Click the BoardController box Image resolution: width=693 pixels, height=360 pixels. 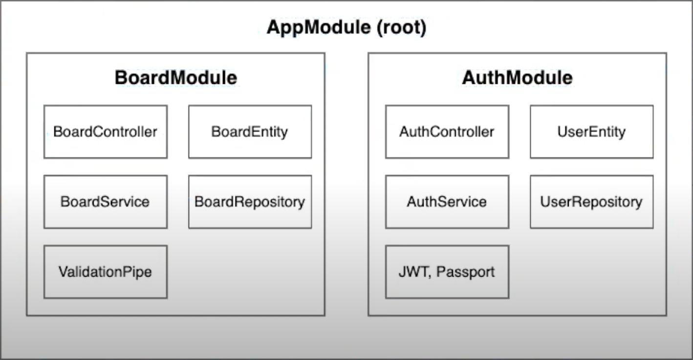105,132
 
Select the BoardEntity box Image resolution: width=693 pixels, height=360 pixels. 250,132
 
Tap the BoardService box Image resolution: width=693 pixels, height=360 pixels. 105,202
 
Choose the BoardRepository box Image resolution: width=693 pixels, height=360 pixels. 250,202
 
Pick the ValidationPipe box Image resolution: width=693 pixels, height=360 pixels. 105,272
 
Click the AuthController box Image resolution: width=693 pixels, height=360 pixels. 447,132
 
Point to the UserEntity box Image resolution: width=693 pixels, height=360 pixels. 591,132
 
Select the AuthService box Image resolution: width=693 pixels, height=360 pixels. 447,202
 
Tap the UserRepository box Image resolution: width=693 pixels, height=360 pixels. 591,202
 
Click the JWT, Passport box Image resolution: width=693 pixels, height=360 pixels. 447,272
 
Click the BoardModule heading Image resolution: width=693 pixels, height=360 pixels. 175,78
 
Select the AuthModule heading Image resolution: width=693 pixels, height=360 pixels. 517,78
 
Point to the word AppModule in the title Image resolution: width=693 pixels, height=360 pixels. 319,27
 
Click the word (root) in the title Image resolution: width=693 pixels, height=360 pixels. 401,27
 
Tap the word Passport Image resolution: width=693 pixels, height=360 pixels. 465,272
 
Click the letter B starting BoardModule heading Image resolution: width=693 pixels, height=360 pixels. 120,78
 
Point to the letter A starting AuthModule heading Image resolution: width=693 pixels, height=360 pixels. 468,78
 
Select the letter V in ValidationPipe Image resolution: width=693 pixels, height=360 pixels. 63,272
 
